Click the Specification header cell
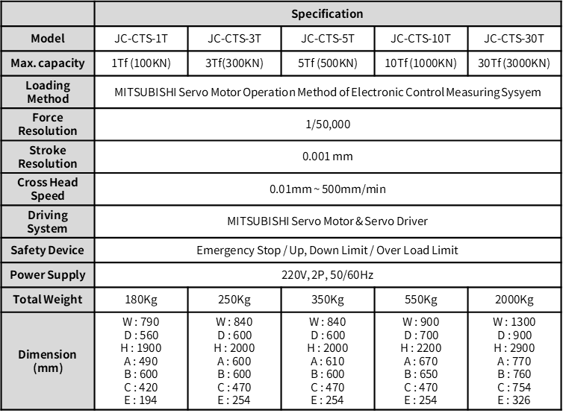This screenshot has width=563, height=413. [327, 13]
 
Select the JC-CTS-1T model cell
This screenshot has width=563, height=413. [140, 38]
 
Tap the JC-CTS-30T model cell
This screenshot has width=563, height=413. [514, 38]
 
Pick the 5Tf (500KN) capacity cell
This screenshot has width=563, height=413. [327, 63]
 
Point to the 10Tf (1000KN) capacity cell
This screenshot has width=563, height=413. [420, 63]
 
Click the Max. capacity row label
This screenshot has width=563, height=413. [47, 63]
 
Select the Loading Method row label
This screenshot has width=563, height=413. [47, 92]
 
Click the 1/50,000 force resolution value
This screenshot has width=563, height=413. [327, 124]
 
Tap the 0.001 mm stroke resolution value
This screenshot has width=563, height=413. [327, 157]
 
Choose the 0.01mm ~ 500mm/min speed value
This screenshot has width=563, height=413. [327, 189]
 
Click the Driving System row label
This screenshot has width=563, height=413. [47, 221]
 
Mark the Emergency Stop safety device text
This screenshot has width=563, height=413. [327, 250]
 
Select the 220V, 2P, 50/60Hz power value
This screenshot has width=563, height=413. [327, 275]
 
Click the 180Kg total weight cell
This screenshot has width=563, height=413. [140, 300]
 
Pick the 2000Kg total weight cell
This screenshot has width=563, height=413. [514, 300]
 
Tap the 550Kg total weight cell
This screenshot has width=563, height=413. [420, 300]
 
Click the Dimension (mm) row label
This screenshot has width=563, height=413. [47, 361]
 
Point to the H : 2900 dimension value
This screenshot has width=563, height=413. [514, 348]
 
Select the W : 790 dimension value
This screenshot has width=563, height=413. [140, 322]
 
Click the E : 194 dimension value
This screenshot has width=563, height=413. [140, 400]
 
